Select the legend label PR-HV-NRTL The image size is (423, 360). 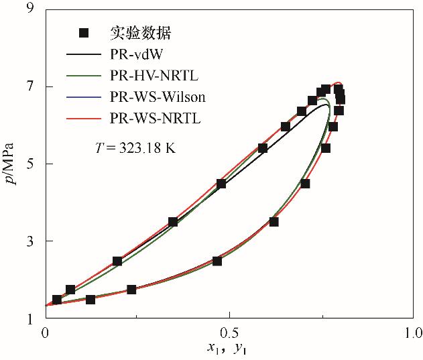coord(150,76)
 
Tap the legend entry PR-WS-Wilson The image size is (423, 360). coord(157,97)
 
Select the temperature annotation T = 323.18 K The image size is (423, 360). coord(135,148)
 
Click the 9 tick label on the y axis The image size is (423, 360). coord(29,9)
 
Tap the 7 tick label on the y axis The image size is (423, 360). coord(29,86)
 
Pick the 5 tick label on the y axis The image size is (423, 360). coord(29,164)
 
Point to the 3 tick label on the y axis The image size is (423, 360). coord(29,241)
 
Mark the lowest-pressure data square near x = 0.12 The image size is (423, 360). coord(90,299)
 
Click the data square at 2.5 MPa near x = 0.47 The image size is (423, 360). coord(217,261)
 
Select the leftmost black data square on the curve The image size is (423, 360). coord(57,299)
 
